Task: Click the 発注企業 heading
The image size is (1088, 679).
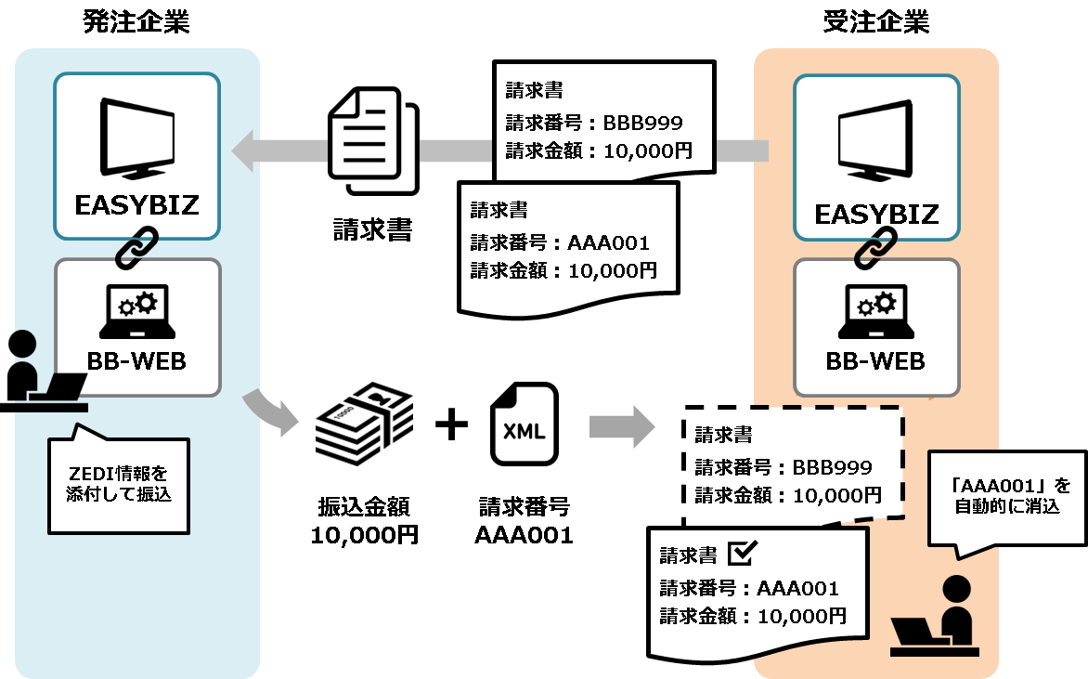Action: tap(136, 22)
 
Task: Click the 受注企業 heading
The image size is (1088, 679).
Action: tap(875, 22)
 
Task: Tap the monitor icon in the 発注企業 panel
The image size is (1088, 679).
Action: tap(136, 139)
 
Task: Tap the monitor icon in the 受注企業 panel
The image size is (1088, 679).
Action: tap(876, 143)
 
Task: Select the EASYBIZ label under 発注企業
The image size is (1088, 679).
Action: tap(136, 205)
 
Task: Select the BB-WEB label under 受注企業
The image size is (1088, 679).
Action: tap(875, 360)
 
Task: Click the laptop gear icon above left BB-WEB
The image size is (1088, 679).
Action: tap(136, 312)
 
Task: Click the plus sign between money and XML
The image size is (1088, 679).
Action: tap(452, 424)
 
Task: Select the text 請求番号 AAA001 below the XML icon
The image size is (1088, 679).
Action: tap(525, 521)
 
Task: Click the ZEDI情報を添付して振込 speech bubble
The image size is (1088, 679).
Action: tap(118, 483)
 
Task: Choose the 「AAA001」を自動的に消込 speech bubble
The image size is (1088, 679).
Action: tap(1004, 496)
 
